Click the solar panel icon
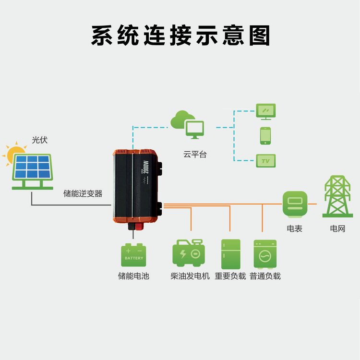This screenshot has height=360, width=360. click(x=33, y=171)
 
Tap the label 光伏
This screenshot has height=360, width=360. click(x=40, y=140)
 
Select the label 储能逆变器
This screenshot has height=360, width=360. click(x=83, y=193)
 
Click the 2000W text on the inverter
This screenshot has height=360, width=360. click(x=146, y=167)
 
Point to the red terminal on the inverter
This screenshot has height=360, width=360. click(x=139, y=227)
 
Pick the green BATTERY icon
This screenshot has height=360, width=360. click(x=133, y=255)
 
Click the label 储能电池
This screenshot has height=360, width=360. click(x=133, y=276)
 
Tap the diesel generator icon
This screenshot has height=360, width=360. click(x=189, y=253)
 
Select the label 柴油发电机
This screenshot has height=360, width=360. click(x=190, y=276)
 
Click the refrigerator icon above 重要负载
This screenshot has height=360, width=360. click(x=231, y=254)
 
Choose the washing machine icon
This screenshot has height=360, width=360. click(x=265, y=254)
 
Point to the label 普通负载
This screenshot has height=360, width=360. click(x=265, y=276)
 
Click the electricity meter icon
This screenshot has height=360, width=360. click(x=295, y=204)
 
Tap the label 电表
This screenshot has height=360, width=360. click(x=295, y=228)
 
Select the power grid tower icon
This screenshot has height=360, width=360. click(x=337, y=196)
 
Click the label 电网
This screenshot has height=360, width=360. click(x=337, y=228)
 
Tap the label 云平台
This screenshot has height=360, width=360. click(x=195, y=154)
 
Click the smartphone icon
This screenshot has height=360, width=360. click(x=265, y=136)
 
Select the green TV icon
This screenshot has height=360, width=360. click(x=266, y=161)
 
